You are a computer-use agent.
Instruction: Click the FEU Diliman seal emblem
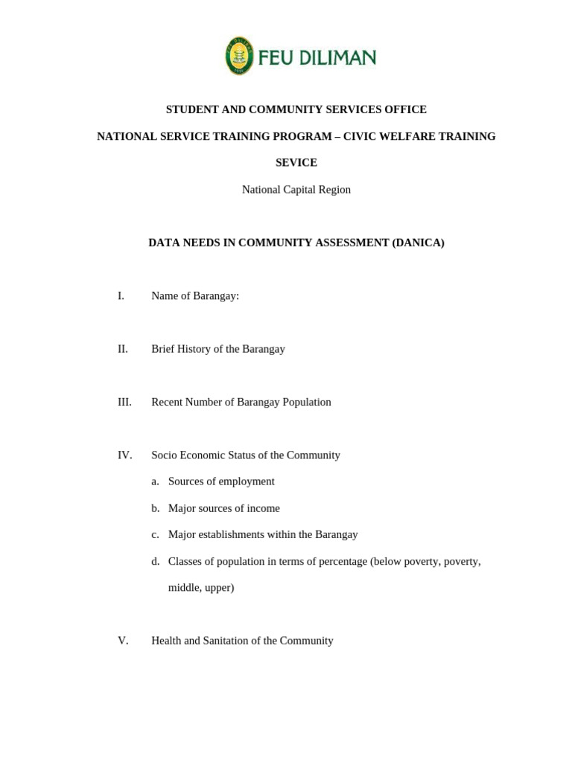pyautogui.click(x=239, y=56)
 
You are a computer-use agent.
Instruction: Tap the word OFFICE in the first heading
pyautogui.click(x=405, y=109)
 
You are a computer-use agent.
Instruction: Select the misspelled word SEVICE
pyautogui.click(x=296, y=162)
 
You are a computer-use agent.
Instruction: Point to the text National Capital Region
pyautogui.click(x=296, y=190)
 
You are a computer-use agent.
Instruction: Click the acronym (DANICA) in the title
pyautogui.click(x=418, y=243)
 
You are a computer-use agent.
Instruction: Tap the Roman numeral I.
pyautogui.click(x=121, y=295)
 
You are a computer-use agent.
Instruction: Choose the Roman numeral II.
pyautogui.click(x=123, y=349)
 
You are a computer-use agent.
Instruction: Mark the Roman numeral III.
pyautogui.click(x=124, y=402)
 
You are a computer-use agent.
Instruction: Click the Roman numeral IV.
pyautogui.click(x=124, y=455)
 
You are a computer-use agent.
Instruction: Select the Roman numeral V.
pyautogui.click(x=123, y=641)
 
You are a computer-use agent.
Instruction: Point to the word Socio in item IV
pyautogui.click(x=165, y=455)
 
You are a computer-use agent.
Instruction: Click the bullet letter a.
pyautogui.click(x=155, y=481)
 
